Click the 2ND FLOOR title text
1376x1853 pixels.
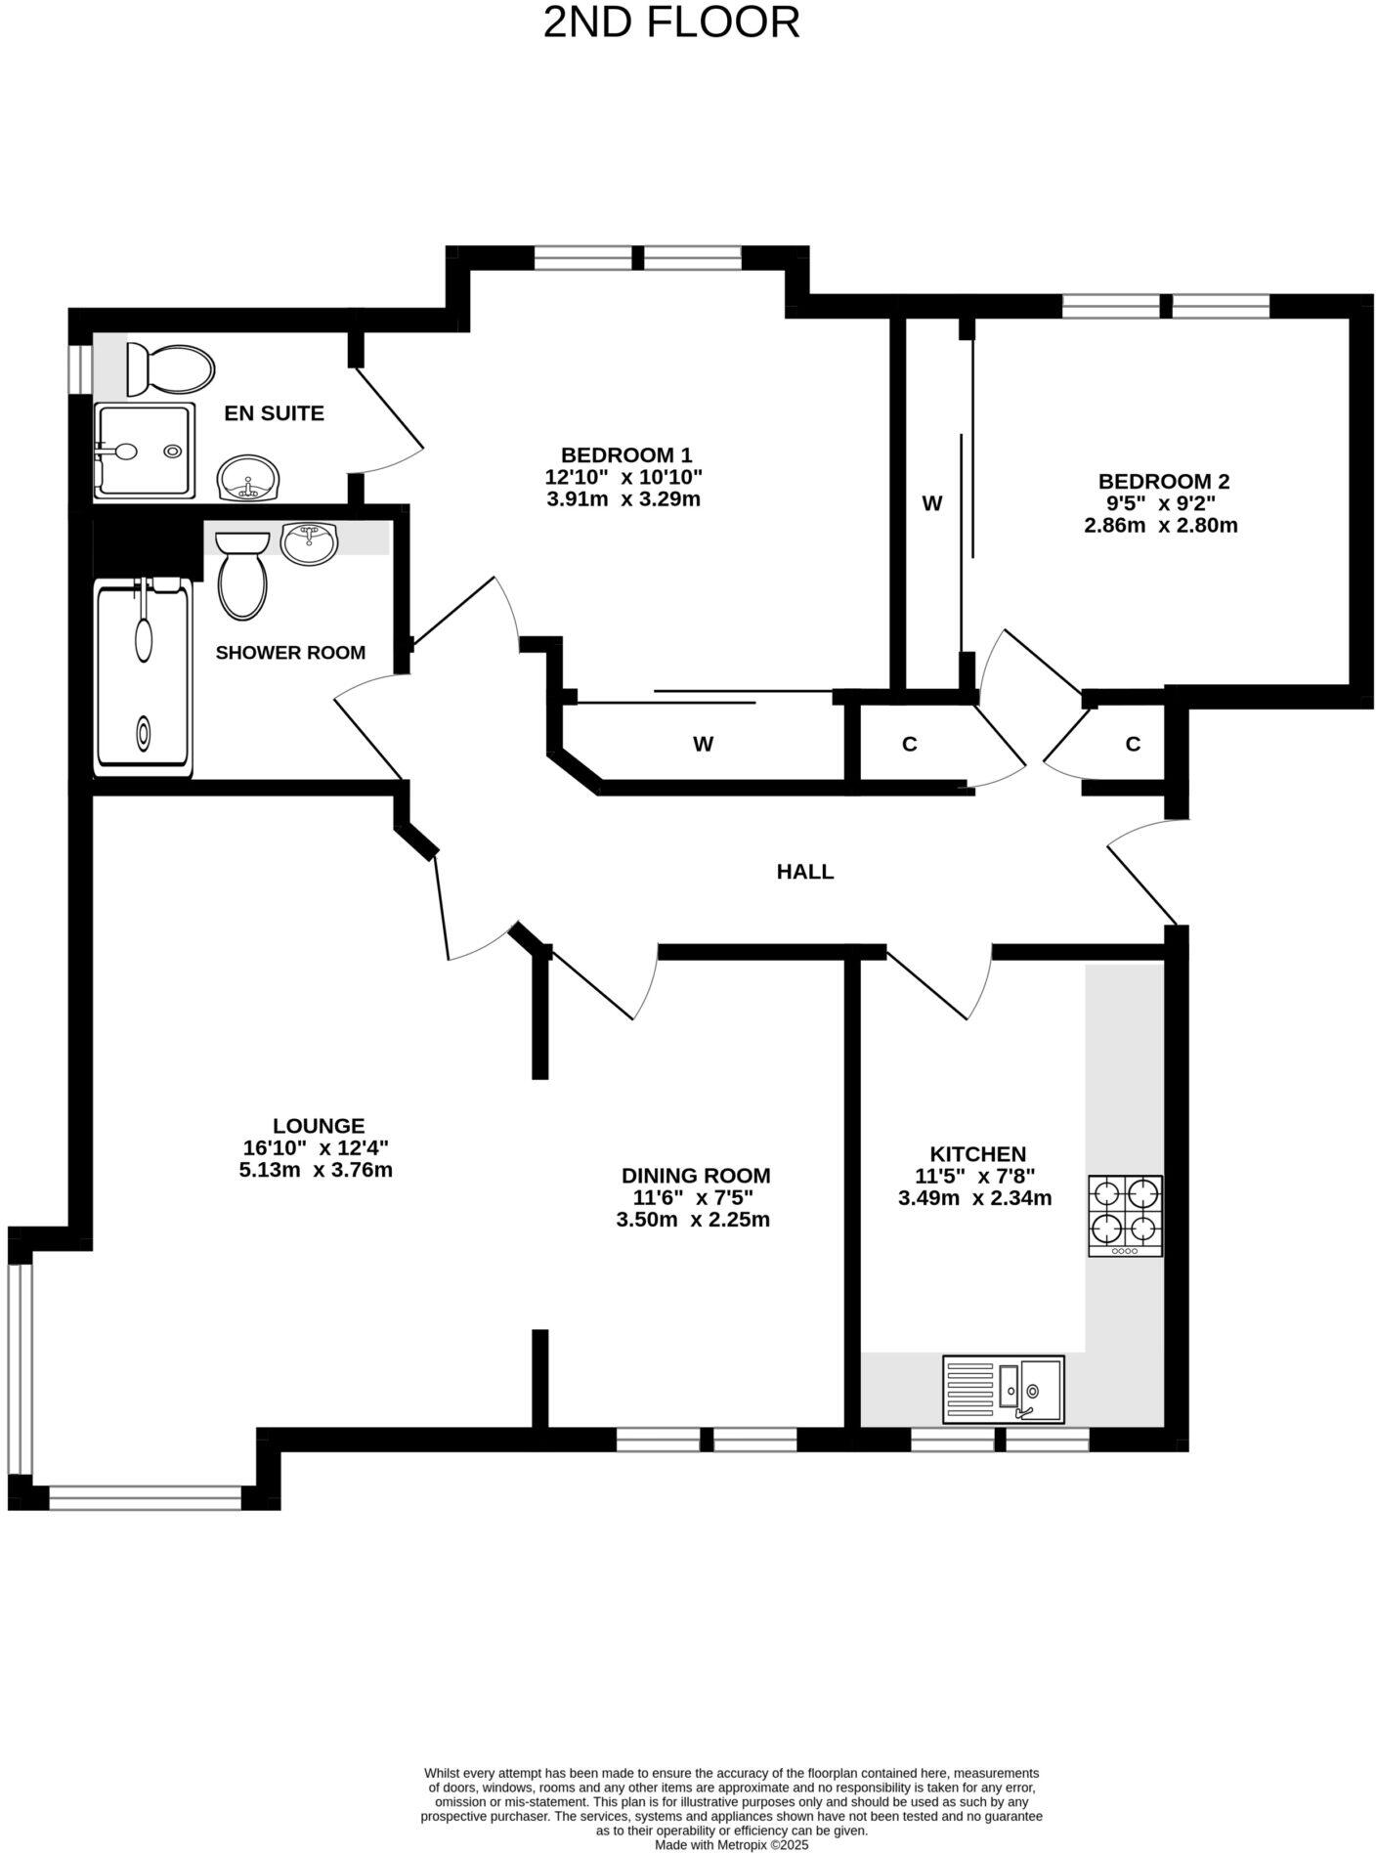click(671, 22)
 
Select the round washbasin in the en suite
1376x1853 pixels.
click(248, 478)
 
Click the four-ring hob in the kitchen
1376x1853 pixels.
click(1125, 1215)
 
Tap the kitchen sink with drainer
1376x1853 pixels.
click(1004, 1389)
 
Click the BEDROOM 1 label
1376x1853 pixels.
click(625, 454)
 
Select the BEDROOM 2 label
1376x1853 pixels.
click(1163, 481)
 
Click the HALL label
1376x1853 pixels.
click(804, 872)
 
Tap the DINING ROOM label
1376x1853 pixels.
click(696, 1175)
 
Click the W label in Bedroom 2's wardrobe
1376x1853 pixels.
click(932, 503)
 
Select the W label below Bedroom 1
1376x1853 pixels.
click(703, 745)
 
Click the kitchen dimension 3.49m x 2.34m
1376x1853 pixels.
click(974, 1197)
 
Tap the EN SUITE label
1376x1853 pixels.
click(274, 413)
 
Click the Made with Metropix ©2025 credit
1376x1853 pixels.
click(731, 1844)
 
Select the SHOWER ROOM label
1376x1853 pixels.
click(290, 652)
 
